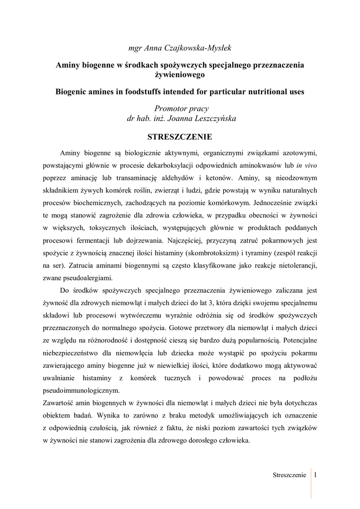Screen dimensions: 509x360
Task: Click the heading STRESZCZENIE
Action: (x=180, y=136)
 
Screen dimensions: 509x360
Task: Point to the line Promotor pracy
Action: (x=180, y=109)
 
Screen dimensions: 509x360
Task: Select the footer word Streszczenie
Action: (x=289, y=475)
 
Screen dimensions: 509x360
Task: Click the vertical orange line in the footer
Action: (x=311, y=482)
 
